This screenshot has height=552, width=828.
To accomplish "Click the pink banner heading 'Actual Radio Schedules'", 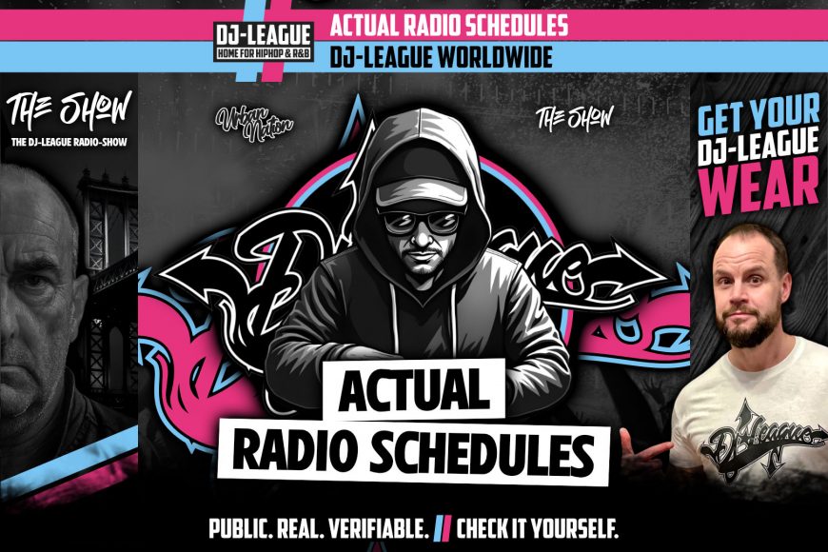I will (448, 25).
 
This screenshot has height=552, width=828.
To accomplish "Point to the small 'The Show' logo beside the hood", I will (575, 117).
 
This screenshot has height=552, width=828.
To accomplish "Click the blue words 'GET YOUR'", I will (759, 117).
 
